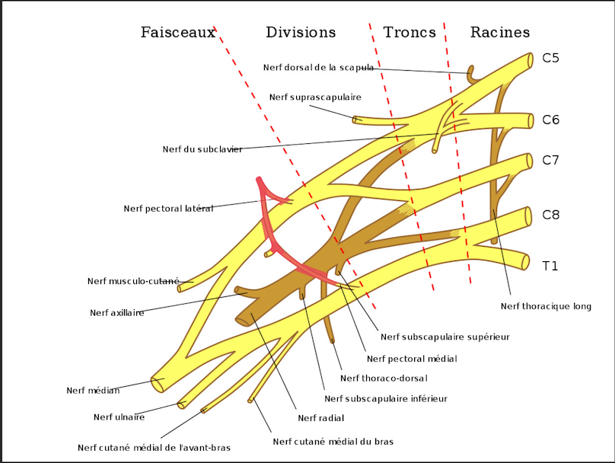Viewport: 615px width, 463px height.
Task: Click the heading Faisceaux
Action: coord(178,33)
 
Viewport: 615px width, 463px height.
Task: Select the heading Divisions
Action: coord(301,33)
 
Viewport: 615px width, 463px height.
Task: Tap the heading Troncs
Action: coord(409,33)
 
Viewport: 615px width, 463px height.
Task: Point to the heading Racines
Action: coord(500,33)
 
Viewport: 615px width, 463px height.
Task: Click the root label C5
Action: coord(551,57)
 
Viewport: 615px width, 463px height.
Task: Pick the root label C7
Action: coord(551,160)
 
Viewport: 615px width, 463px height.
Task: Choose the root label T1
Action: coord(550,266)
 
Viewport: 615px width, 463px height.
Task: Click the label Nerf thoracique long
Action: coord(546,306)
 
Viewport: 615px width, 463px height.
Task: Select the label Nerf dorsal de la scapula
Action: coord(318,67)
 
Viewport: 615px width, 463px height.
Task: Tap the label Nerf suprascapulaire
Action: coord(315,97)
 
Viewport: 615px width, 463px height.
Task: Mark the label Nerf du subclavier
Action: coord(202,149)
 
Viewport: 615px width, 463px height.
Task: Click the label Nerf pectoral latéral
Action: coord(168,209)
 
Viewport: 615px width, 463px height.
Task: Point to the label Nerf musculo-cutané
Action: coord(133,281)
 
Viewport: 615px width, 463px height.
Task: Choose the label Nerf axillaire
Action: coord(116,312)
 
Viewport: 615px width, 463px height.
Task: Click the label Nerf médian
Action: coord(93,391)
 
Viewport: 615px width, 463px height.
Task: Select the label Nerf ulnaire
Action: coord(119,417)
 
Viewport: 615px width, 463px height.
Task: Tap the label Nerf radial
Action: coord(321,417)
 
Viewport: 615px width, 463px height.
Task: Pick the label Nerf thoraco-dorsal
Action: coord(384,378)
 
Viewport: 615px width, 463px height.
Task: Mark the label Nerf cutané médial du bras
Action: coord(333,441)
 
